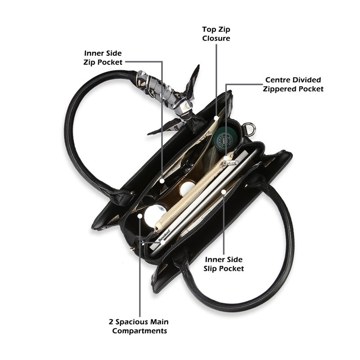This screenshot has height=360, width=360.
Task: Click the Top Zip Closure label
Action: point(216,34)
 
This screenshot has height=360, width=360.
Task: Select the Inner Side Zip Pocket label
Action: point(103,58)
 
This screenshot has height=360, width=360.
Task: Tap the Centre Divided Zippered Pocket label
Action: point(293,84)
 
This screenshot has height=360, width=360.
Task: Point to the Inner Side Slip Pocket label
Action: point(224,264)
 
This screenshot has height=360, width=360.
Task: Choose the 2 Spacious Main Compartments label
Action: point(139,326)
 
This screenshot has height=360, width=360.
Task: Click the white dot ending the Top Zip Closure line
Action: point(216,118)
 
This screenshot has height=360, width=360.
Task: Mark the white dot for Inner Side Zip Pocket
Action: point(162,181)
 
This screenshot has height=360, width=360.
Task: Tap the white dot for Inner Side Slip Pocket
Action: point(224,192)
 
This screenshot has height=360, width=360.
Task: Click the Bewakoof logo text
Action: point(164,235)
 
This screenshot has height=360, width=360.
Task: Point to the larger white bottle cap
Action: point(154,215)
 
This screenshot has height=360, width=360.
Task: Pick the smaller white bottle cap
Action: point(187,188)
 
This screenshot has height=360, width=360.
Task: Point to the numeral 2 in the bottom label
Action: point(111,322)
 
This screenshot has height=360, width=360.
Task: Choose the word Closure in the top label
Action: point(216,38)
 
